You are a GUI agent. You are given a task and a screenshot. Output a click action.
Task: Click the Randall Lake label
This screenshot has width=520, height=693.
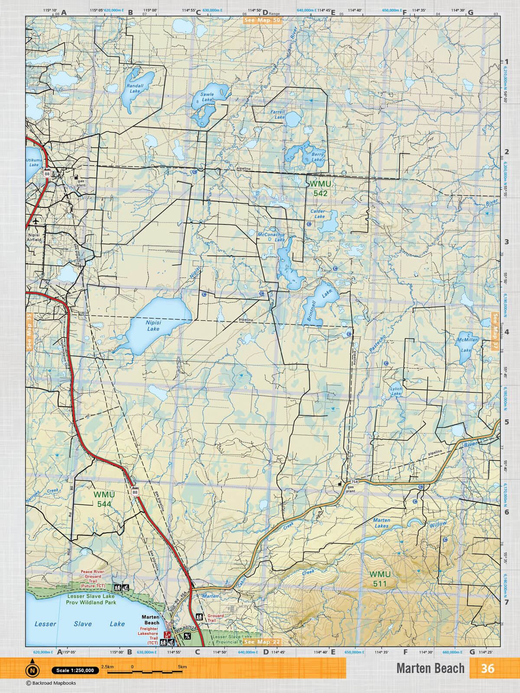tap(135, 88)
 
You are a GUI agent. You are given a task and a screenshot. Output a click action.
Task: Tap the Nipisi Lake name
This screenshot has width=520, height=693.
tap(153, 326)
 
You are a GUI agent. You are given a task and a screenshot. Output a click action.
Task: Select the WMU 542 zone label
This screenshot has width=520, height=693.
tap(320, 189)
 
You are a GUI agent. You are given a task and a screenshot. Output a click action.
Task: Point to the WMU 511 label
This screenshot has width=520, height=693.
tap(380, 579)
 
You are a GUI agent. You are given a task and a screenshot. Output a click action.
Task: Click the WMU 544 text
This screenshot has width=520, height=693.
tap(104, 499)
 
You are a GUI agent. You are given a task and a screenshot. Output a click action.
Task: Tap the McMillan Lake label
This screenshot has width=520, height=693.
tap(467, 345)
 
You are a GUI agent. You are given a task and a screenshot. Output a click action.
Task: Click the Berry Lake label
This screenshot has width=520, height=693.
tap(317, 157)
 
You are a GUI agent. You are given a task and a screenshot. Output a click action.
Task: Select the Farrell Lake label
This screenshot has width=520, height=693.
tap(278, 114)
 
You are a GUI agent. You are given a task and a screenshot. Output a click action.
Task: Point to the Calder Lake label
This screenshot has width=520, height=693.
tap(318, 214)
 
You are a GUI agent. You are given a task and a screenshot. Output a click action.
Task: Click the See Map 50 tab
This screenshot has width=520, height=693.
tap(262, 20)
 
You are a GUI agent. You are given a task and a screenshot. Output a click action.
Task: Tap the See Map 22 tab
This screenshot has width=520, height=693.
tap(262, 642)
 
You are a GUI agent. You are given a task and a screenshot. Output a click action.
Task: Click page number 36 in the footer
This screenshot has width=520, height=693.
tap(487, 668)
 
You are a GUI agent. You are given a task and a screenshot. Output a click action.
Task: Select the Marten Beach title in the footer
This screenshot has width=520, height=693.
tap(430, 668)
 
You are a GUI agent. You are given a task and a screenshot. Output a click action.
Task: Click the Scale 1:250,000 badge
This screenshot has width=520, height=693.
tap(75, 670)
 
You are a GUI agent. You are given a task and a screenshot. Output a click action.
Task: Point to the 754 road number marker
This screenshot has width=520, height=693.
tap(354, 482)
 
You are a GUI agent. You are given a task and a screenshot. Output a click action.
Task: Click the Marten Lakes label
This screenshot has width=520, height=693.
tap(381, 523)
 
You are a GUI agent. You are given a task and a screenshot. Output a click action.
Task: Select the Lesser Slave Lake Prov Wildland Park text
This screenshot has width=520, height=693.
tap(91, 599)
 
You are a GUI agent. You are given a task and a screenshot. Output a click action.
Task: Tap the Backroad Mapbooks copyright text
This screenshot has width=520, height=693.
tap(51, 683)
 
